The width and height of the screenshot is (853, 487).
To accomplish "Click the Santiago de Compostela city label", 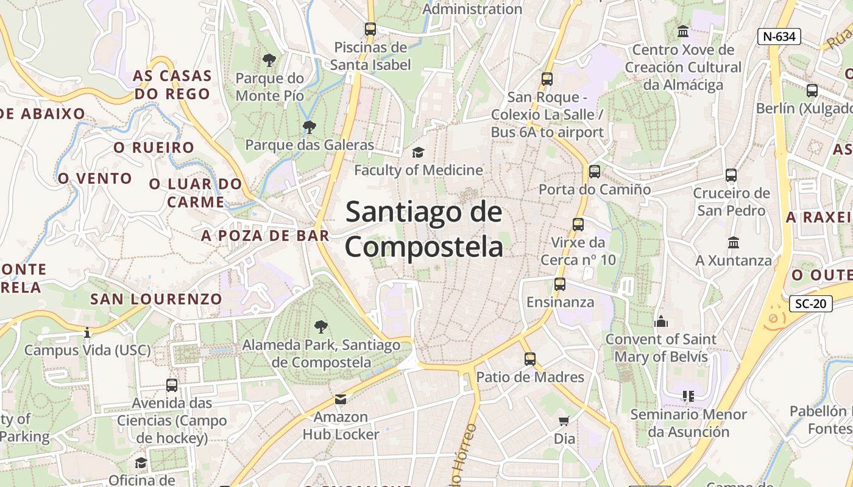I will [424, 229].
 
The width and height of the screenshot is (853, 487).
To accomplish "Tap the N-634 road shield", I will [779, 37].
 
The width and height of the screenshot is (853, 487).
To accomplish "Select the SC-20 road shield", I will [810, 304].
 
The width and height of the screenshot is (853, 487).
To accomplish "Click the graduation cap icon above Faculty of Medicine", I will [418, 152].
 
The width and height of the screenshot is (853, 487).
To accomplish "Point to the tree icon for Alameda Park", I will [320, 327].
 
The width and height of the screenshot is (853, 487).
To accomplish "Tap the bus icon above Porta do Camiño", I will [594, 172].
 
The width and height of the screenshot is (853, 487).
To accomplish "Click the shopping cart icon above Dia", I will [564, 421].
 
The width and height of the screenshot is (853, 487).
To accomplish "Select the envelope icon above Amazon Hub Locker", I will [340, 399].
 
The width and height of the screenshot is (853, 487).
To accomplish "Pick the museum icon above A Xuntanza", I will [734, 242].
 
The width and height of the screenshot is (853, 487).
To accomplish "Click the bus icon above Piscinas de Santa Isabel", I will [370, 29].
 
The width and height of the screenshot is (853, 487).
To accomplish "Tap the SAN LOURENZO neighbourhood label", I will [156, 299].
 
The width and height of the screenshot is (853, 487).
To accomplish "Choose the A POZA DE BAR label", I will [265, 236].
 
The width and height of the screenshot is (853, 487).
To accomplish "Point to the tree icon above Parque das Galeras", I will [309, 127].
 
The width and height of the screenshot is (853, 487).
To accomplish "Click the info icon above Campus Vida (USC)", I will [87, 332].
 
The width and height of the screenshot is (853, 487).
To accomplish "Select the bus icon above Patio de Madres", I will [529, 359].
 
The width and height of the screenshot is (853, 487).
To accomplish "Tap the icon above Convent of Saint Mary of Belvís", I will [660, 321].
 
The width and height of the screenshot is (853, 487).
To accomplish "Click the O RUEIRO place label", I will [154, 147].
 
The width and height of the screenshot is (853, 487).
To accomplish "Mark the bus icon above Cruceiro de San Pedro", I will [731, 175].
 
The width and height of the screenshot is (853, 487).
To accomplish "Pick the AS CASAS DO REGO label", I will [172, 85].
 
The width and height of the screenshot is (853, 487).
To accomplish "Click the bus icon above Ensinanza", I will [559, 284].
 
